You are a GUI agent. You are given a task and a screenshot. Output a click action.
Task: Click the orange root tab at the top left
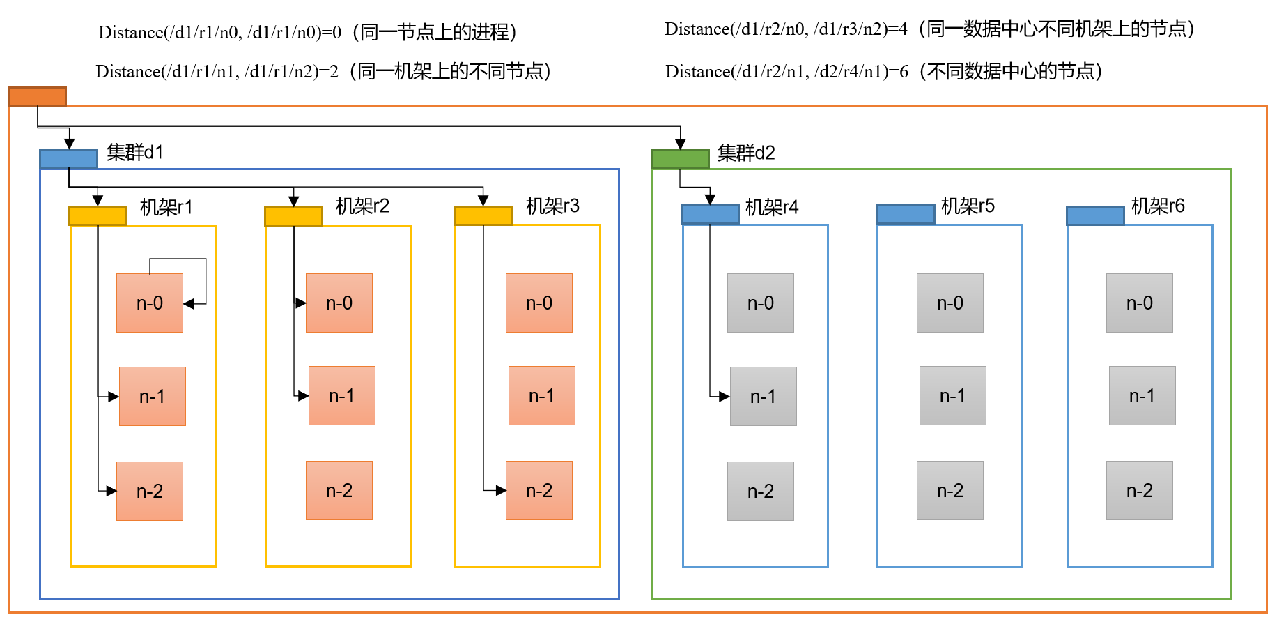click(37, 96)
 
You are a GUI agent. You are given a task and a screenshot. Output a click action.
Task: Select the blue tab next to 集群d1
click(68, 159)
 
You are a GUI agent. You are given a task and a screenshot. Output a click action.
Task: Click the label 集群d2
click(746, 153)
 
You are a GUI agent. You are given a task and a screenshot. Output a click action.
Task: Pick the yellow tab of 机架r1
click(98, 216)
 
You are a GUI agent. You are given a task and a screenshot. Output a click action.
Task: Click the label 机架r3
click(552, 206)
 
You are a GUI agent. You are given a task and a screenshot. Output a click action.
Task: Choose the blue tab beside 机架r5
click(906, 214)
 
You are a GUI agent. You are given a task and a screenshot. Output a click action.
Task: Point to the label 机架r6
click(1158, 206)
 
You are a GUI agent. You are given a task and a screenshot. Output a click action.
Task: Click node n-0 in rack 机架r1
click(150, 303)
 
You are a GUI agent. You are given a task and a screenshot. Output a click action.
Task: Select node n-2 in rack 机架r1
click(150, 492)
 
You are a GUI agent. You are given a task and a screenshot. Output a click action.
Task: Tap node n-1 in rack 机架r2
click(342, 396)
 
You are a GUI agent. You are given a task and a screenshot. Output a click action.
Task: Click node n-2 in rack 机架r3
click(539, 491)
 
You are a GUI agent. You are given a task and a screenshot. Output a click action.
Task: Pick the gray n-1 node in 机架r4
click(764, 397)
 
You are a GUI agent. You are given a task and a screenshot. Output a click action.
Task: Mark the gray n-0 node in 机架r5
click(950, 303)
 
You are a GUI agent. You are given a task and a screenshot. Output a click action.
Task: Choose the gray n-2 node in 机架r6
click(1140, 491)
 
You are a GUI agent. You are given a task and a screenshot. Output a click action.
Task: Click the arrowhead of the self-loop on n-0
click(189, 304)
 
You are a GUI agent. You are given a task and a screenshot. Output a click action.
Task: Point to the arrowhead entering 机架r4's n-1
click(725, 397)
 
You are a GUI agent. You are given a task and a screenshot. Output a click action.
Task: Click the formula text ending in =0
click(220, 33)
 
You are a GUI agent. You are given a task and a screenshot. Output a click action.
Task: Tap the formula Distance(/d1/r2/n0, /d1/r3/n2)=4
click(786, 29)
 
